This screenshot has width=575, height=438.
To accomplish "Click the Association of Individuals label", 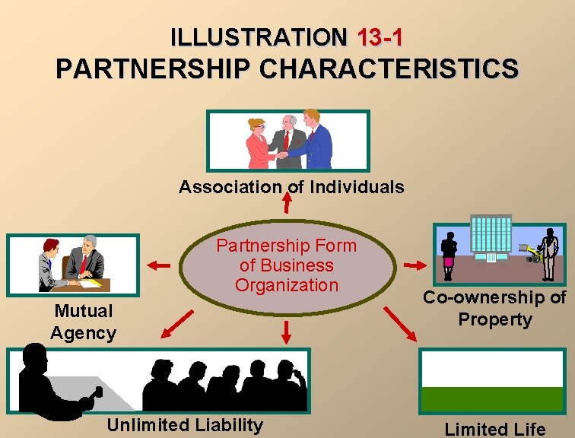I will [291, 187].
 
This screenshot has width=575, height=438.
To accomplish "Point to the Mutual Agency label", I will [83, 322].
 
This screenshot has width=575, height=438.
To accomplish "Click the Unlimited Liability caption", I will [185, 425].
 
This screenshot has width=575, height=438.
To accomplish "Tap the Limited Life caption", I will [494, 429].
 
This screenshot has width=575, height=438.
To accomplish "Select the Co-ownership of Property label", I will [494, 308].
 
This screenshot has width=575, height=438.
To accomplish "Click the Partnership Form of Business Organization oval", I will [287, 265].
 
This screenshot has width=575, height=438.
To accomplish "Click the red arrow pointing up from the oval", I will [287, 202].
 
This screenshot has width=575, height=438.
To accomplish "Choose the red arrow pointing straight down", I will [287, 330].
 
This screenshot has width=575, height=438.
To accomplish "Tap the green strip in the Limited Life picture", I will [492, 398].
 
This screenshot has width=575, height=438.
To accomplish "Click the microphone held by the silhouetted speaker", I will [97, 392].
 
